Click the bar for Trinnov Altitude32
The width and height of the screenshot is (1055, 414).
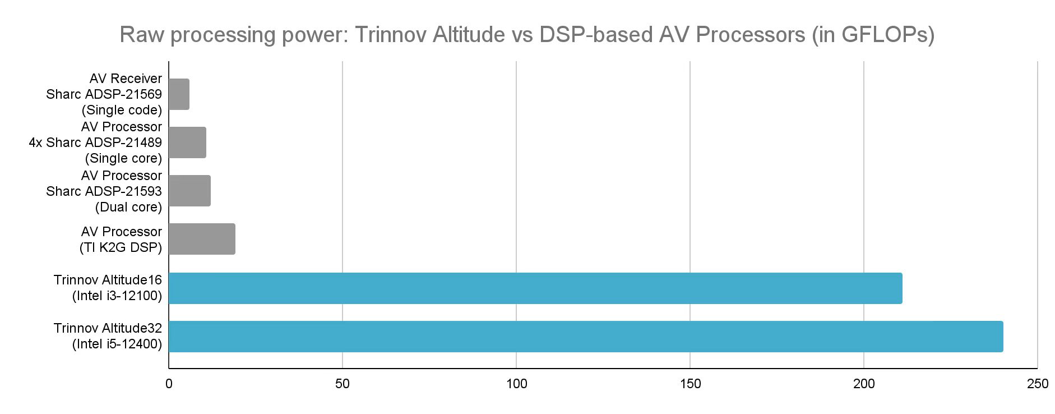click(585, 337)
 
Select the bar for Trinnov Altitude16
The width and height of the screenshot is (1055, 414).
click(535, 288)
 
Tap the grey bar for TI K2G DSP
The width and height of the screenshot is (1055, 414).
click(202, 239)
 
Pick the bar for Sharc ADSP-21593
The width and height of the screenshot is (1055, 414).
click(189, 191)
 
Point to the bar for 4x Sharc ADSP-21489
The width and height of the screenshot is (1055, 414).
click(187, 142)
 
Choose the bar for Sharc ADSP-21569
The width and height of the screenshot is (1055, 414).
click(179, 94)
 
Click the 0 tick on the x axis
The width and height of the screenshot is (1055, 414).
click(169, 384)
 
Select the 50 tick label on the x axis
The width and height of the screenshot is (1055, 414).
click(342, 384)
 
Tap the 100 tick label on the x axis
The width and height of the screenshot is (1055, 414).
click(516, 384)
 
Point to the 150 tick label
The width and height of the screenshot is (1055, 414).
click(690, 384)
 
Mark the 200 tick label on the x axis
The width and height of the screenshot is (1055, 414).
click(864, 384)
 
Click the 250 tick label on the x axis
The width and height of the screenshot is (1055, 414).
click(1038, 384)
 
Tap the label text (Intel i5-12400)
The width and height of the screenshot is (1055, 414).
click(117, 344)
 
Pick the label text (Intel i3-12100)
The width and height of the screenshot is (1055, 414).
click(117, 296)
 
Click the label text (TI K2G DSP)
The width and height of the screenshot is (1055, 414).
click(121, 247)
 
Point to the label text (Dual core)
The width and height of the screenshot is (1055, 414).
click(128, 207)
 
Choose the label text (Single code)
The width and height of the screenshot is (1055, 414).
click(122, 110)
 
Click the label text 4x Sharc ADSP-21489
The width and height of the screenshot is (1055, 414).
click(95, 142)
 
